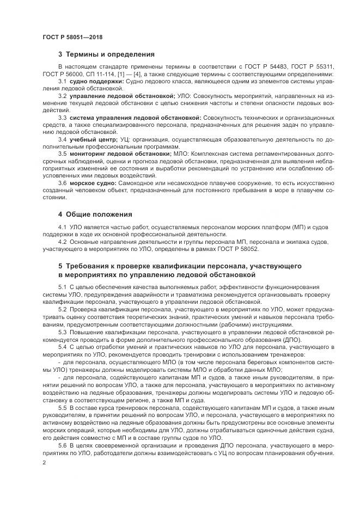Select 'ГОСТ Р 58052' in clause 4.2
[x=240, y=249]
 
